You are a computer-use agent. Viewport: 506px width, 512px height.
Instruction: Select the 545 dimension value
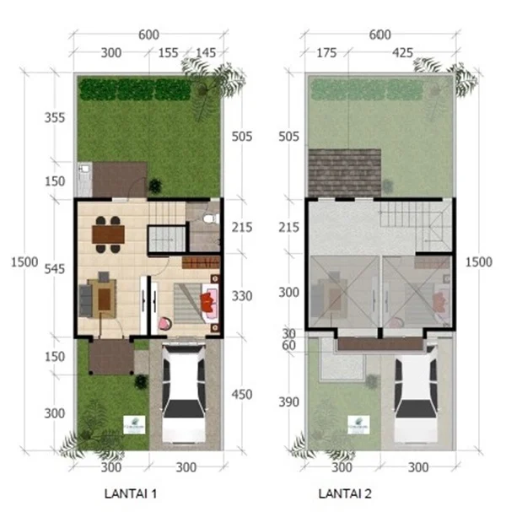pos(54,270)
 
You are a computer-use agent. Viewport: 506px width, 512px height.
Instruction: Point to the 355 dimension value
pos(54,117)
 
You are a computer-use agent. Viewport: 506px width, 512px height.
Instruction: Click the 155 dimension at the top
pos(169,52)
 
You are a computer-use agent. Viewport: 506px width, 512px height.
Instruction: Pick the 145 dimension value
pos(206,52)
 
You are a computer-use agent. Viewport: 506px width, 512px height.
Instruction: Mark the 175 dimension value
pos(326,52)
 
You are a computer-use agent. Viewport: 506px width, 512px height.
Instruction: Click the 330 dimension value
pos(241,296)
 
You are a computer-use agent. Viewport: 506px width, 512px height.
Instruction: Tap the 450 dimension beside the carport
pos(241,393)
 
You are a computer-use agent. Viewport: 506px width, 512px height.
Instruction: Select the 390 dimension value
pos(289,402)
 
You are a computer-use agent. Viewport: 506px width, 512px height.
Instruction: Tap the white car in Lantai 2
pos(415,387)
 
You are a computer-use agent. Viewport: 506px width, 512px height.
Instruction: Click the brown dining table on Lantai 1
pos(108,233)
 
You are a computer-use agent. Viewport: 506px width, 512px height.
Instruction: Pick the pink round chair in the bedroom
pos(164,321)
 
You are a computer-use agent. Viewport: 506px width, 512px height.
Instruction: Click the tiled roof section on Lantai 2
pos(343,172)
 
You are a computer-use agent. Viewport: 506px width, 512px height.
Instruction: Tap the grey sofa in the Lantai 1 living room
pos(85,298)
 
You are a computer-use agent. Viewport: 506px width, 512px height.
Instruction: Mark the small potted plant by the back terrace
pos(154,186)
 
